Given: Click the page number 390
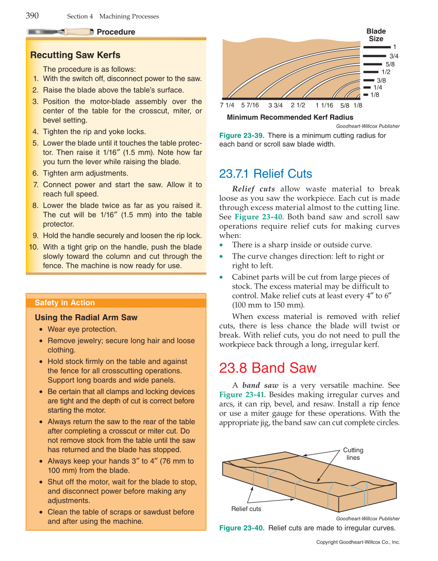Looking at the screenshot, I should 32,15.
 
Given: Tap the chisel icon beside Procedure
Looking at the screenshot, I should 61,32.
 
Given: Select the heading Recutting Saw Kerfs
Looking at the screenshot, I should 75,55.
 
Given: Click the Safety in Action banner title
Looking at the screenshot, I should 64,303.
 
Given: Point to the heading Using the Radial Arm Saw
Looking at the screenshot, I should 86,317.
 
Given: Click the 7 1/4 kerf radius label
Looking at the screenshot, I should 227,105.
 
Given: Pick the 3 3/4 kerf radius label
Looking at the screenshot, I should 275,105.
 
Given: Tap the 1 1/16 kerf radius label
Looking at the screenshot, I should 325,105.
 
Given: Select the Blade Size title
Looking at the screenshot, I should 376,35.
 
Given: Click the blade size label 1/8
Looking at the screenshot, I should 375,95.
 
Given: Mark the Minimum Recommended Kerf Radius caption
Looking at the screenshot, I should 290,117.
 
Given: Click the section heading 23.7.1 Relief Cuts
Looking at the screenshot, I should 266,173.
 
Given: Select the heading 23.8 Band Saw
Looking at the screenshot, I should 268,368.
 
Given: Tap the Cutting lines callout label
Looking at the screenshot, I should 353,454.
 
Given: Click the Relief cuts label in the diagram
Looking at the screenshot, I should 246,509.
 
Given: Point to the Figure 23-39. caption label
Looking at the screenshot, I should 242,135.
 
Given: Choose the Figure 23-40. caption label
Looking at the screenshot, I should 242,528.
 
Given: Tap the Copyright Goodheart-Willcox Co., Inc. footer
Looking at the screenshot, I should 358,542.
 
